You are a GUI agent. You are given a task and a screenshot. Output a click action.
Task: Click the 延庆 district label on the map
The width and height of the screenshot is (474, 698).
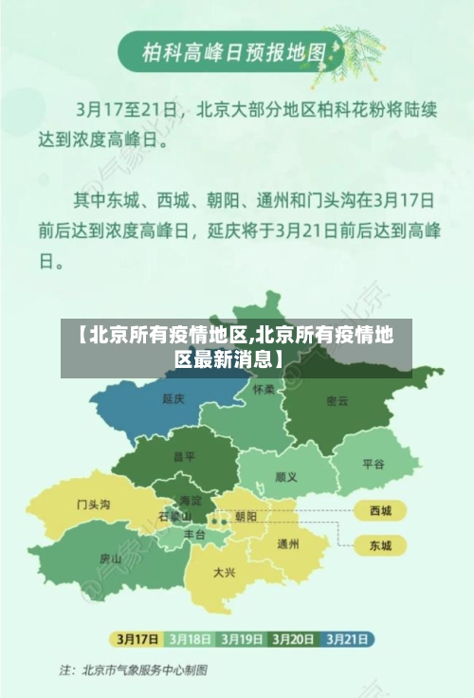pyautogui.click(x=173, y=399)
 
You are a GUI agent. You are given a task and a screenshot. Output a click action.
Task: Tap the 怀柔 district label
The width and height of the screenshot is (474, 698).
pyautogui.click(x=264, y=390)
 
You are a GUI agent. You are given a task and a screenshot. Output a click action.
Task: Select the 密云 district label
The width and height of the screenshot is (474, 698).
pyautogui.click(x=337, y=400)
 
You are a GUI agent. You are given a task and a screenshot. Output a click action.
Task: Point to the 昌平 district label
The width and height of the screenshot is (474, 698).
pyautogui.click(x=184, y=456)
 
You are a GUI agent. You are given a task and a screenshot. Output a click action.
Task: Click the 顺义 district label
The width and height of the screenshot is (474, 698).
pyautogui.click(x=285, y=477)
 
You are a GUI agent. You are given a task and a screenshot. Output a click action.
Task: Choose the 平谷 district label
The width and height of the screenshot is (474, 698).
pyautogui.click(x=374, y=464)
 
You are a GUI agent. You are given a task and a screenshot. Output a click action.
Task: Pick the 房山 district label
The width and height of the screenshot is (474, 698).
pyautogui.click(x=110, y=559)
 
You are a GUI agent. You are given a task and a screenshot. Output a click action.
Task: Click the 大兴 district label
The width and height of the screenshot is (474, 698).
pyautogui.click(x=225, y=572)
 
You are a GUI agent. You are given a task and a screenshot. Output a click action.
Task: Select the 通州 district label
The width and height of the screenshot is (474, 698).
pyautogui.click(x=288, y=544)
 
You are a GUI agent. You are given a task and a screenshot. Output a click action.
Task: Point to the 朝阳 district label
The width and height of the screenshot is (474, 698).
pyautogui.click(x=246, y=517)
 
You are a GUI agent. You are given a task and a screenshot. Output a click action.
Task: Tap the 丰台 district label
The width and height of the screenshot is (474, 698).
pyautogui.click(x=194, y=535)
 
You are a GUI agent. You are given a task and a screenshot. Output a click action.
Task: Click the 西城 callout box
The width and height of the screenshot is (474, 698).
pyautogui.click(x=380, y=511)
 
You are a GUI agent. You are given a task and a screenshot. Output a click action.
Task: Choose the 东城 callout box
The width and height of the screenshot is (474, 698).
pyautogui.click(x=380, y=545)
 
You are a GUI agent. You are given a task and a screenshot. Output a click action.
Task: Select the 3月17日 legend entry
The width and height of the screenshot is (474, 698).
pyautogui.click(x=136, y=637)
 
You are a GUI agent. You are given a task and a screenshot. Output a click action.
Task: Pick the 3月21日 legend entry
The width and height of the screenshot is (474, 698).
pyautogui.click(x=348, y=637)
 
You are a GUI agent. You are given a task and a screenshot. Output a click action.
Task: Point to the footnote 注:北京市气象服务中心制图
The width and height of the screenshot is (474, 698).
pyautogui.click(x=134, y=670)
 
